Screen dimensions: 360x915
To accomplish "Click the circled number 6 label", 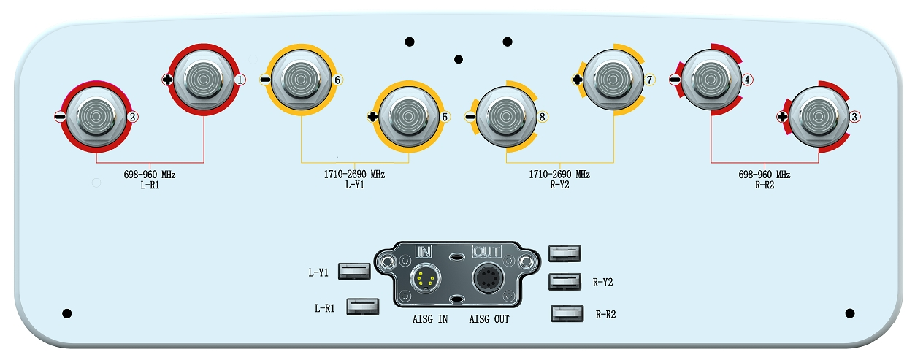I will click(337, 80).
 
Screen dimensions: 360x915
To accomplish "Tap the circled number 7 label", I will click(648, 79).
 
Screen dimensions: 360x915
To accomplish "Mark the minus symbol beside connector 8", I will click(470, 116).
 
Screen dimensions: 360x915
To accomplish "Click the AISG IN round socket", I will click(425, 278).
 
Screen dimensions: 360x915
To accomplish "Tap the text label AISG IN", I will click(428, 319).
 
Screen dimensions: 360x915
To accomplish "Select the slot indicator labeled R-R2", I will click(567, 314).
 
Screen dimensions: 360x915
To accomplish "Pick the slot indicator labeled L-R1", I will click(363, 306).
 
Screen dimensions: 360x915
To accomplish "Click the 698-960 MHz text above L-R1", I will click(150, 175).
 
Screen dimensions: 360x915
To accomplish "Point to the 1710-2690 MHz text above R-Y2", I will click(559, 175).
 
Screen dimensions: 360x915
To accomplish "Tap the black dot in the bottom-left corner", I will click(67, 313).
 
